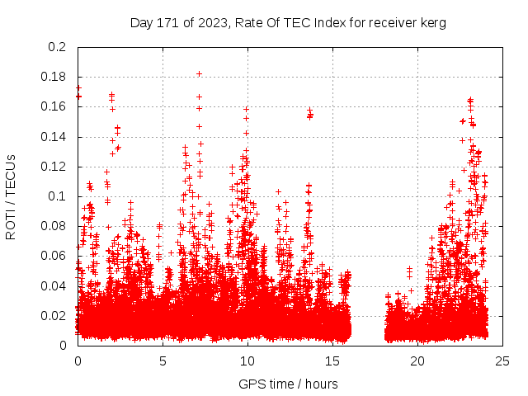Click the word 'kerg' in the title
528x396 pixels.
click(x=432, y=23)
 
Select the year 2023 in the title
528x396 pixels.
click(x=210, y=23)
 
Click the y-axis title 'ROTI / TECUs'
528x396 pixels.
click(x=11, y=196)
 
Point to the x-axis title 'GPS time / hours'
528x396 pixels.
click(x=288, y=384)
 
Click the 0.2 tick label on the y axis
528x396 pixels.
click(x=57, y=47)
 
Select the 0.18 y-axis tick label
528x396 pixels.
click(x=54, y=77)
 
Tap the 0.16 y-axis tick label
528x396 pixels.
click(x=54, y=106)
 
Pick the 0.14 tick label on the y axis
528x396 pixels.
click(x=54, y=136)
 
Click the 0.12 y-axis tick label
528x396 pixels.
click(x=54, y=167)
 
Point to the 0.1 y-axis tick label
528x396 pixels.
click(x=57, y=196)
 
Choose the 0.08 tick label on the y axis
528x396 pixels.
click(x=54, y=226)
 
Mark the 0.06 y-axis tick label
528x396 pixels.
click(x=54, y=256)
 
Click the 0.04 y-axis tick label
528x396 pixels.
click(x=54, y=285)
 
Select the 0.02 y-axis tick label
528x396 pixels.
click(x=54, y=315)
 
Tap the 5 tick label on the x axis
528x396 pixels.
click(x=163, y=361)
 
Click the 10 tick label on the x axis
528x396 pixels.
click(x=247, y=361)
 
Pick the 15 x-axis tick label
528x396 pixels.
click(x=332, y=361)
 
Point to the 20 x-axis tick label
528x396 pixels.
click(x=417, y=361)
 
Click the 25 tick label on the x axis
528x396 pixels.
click(x=502, y=361)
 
